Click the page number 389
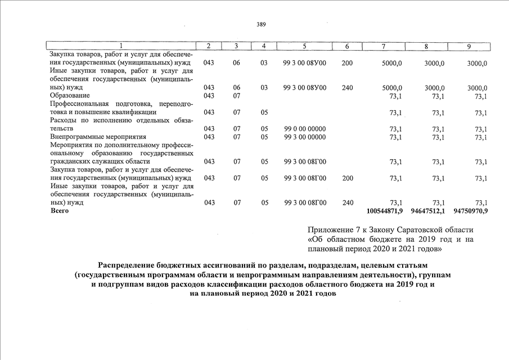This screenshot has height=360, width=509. click(x=261, y=24)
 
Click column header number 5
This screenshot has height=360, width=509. click(x=304, y=46)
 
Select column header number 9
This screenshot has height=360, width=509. click(x=469, y=46)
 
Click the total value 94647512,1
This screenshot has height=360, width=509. click(x=427, y=211)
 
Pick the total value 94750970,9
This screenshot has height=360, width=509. click(x=470, y=211)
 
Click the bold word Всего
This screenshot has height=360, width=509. click(x=59, y=211)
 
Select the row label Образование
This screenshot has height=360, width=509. click(x=70, y=96)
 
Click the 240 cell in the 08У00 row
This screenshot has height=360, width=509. click(x=347, y=88)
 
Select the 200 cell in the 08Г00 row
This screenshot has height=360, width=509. click(x=347, y=178)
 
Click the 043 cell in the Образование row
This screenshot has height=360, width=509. click(x=209, y=96)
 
